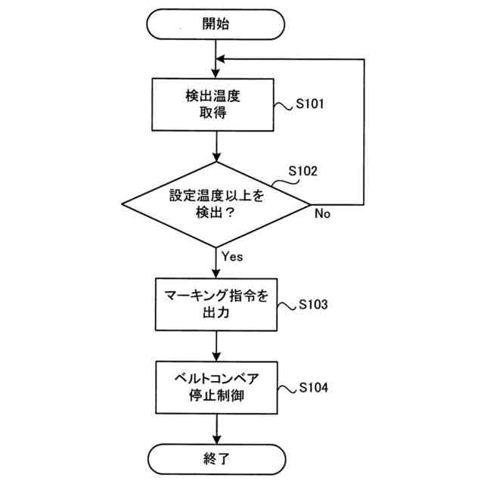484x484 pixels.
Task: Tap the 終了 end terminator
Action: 216,458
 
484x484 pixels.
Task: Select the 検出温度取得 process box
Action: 216,106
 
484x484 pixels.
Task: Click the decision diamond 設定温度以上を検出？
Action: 216,205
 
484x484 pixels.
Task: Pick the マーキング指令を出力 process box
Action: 216,304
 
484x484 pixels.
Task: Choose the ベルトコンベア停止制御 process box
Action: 216,387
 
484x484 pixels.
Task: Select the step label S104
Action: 312,389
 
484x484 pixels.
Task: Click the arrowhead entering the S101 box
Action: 216,75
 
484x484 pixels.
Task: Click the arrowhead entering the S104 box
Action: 216,356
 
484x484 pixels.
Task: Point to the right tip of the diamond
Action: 310,205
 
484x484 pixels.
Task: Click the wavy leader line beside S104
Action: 285,389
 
